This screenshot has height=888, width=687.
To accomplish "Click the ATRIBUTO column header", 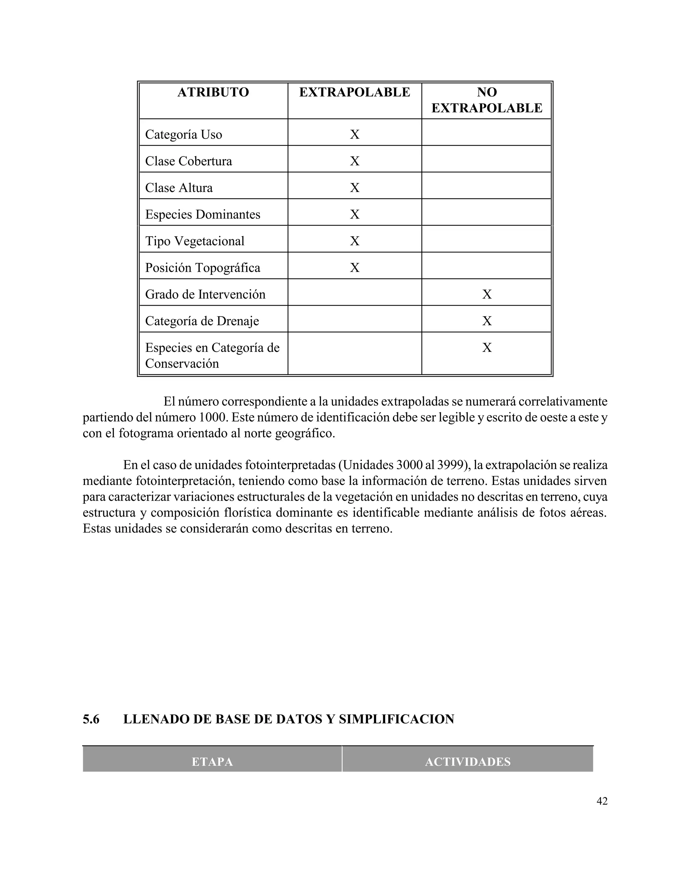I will click(x=213, y=92).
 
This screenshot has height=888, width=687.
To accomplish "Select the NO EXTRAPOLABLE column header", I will click(x=486, y=100).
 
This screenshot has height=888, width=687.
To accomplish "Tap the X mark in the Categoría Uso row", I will click(x=355, y=135).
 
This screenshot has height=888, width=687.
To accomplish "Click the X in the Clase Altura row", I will click(x=355, y=188).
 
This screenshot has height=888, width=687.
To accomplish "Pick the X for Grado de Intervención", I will click(x=487, y=294).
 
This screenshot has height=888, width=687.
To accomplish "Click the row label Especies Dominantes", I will click(x=203, y=214).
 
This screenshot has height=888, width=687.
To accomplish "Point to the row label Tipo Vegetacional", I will click(x=195, y=241).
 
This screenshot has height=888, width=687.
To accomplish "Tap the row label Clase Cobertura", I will click(x=189, y=161).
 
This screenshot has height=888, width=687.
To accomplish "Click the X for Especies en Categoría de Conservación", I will click(x=487, y=347).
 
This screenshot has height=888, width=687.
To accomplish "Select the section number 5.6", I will click(x=91, y=719).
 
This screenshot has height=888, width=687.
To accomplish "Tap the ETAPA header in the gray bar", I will click(x=212, y=762).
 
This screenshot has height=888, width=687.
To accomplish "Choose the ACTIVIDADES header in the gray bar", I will click(x=468, y=762).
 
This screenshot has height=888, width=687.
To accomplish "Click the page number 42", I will click(x=601, y=801).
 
